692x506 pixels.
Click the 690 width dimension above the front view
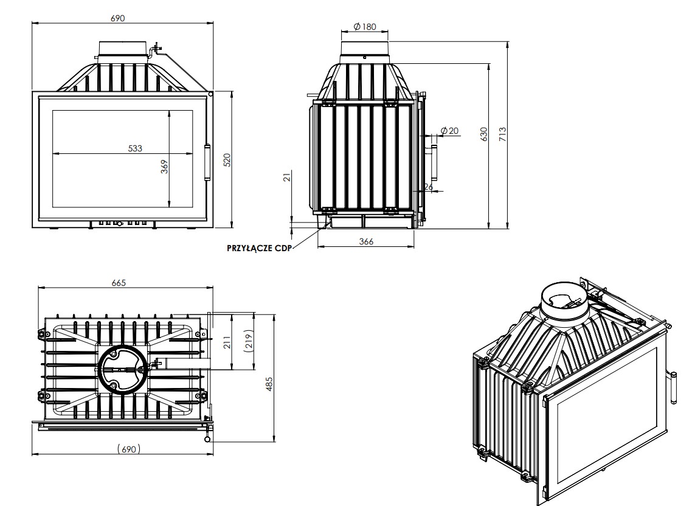118,18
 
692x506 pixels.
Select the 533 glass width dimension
135,148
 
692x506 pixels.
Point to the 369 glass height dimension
164,167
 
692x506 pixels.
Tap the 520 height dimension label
227,160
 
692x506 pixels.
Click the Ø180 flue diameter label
365,27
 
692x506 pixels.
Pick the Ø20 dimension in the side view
450,131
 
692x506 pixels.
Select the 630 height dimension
484,134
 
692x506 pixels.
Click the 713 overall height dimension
502,134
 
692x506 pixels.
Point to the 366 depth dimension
366,241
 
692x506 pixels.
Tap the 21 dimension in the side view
287,177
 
